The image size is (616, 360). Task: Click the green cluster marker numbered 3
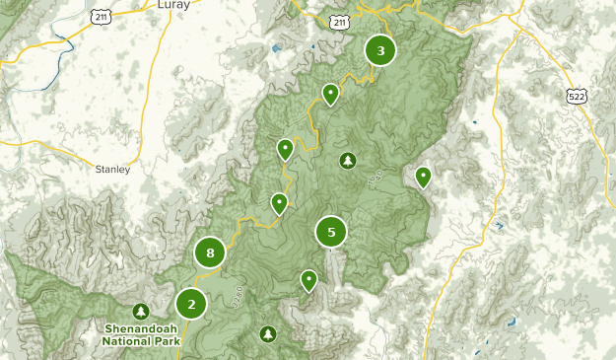pos(380,50)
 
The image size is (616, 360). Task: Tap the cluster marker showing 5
pos(331,233)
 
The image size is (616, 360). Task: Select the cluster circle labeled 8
pos(210,252)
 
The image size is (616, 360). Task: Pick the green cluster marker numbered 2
pos(192,304)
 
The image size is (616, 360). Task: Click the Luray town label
pos(173,5)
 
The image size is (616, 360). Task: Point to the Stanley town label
pos(112,169)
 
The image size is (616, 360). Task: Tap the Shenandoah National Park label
pos(141,334)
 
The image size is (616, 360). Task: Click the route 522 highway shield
pos(578,95)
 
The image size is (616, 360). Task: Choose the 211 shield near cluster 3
pos(340,22)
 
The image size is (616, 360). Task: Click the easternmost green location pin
pos(423,176)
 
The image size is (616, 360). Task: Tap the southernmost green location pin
pos(309,279)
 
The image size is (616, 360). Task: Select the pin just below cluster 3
pos(331,94)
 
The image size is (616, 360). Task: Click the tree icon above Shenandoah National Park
pos(141,311)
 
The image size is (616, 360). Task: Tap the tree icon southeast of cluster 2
pos(268,334)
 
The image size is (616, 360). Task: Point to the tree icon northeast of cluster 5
pos(347,160)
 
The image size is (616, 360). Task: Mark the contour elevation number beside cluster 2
pos(238,293)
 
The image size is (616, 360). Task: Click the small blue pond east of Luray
pos(275,47)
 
